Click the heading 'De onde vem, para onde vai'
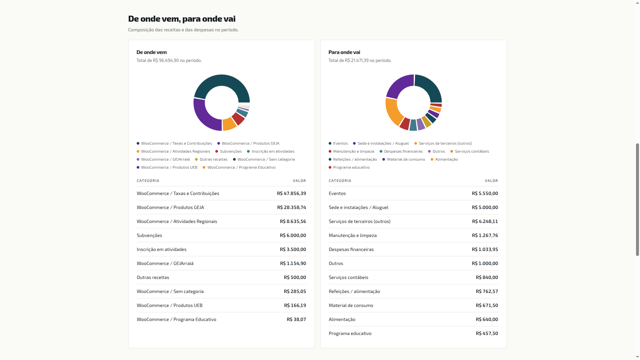point(182,19)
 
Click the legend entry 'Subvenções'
point(229,151)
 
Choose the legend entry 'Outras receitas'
point(211,159)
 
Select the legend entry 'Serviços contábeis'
point(470,151)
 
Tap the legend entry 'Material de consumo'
point(404,159)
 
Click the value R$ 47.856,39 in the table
point(291,193)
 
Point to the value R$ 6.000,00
point(293,235)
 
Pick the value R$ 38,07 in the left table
point(296,319)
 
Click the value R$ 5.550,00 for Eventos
point(485,193)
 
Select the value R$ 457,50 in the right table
point(487,333)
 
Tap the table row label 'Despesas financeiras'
point(351,249)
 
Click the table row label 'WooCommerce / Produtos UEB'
point(170,305)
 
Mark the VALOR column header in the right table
point(491,181)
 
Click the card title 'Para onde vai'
point(344,52)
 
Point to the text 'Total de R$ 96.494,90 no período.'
point(169,60)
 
